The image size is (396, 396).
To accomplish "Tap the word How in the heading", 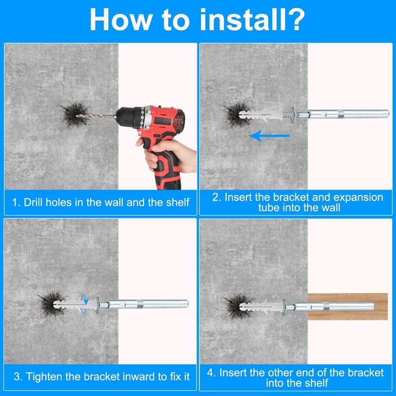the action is click(x=121, y=20).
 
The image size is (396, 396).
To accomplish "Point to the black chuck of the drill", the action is click(x=127, y=116).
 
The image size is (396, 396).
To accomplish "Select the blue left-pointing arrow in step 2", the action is click(x=269, y=136).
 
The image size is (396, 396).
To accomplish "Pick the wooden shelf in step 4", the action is click(x=347, y=306).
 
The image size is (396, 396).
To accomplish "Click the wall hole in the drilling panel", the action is click(x=75, y=115).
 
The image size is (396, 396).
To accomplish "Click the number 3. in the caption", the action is click(x=18, y=377).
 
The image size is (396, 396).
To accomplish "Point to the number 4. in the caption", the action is click(x=211, y=373).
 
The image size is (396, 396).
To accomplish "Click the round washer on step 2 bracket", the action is click(x=293, y=115).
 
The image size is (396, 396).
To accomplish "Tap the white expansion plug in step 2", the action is click(x=261, y=115).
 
